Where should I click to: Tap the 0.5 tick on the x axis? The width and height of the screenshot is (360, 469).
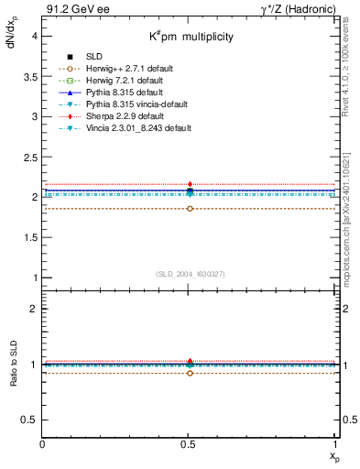(x=190, y=444)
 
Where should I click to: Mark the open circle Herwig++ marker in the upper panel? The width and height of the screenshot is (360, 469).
(x=190, y=209)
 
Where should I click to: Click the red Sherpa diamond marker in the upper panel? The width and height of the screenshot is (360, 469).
(x=190, y=184)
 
